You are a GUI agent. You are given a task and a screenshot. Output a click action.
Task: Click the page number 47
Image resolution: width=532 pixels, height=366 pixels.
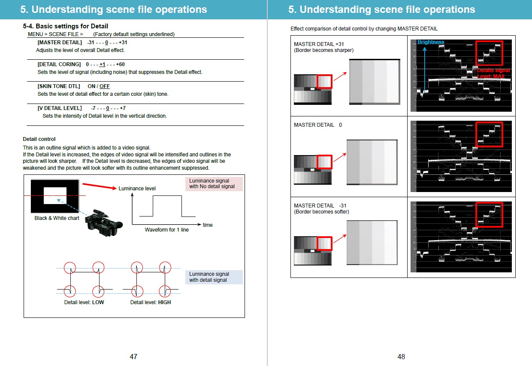pyautogui.click(x=133, y=357)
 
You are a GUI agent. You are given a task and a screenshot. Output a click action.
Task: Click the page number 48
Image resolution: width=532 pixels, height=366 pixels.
pyautogui.click(x=401, y=357)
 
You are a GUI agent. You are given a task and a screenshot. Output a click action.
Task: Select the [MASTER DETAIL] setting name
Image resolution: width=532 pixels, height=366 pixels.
pyautogui.click(x=60, y=43)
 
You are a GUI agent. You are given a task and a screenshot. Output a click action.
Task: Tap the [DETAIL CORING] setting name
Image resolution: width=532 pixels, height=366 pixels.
pyautogui.click(x=59, y=64)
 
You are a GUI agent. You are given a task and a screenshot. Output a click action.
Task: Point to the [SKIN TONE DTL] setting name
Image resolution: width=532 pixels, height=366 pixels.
pyautogui.click(x=59, y=86)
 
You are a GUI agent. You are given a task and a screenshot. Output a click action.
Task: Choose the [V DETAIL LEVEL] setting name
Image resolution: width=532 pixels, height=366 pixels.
pyautogui.click(x=60, y=108)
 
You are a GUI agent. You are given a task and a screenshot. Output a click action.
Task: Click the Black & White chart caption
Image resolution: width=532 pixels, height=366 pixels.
pyautogui.click(x=57, y=218)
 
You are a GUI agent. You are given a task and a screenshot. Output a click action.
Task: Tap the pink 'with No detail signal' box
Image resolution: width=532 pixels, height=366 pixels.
pyautogui.click(x=214, y=184)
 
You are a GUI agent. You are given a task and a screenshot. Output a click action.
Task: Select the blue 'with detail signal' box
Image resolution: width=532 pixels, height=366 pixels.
pyautogui.click(x=214, y=277)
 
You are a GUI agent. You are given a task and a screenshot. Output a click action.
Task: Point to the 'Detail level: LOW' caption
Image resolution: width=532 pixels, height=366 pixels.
pyautogui.click(x=84, y=302)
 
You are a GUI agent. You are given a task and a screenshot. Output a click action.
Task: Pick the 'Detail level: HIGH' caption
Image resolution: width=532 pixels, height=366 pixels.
pyautogui.click(x=151, y=302)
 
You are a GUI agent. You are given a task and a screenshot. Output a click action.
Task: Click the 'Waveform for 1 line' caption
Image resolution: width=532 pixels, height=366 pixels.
pyautogui.click(x=166, y=230)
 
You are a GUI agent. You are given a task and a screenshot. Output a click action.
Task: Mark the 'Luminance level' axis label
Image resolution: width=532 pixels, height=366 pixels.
pyautogui.click(x=137, y=189)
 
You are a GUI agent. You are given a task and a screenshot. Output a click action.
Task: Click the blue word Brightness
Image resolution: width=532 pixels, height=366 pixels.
pyautogui.click(x=430, y=42)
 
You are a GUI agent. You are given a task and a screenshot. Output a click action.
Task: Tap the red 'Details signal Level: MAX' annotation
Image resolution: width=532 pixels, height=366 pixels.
pyautogui.click(x=493, y=73)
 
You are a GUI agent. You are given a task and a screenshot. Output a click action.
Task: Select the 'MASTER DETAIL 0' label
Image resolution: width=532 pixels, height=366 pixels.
pyautogui.click(x=318, y=125)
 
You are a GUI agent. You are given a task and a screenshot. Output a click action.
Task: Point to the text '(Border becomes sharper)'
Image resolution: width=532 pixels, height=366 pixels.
pyautogui.click(x=323, y=50)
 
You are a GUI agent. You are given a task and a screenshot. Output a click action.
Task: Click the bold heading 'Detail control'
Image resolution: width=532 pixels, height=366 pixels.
pyautogui.click(x=39, y=139)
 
